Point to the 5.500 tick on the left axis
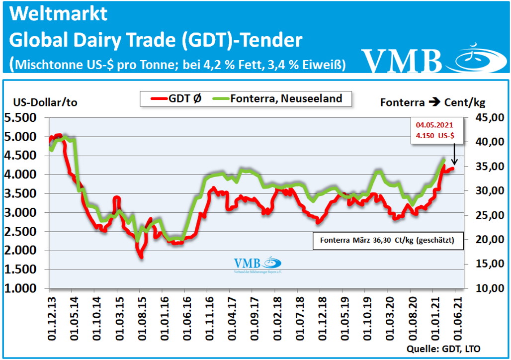pyautogui.click(x=23, y=118)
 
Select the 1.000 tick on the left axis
pyautogui.click(x=23, y=288)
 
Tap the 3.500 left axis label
pyautogui.click(x=23, y=193)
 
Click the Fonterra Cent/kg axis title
pyautogui.click(x=432, y=103)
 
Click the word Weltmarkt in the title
pyautogui.click(x=59, y=14)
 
